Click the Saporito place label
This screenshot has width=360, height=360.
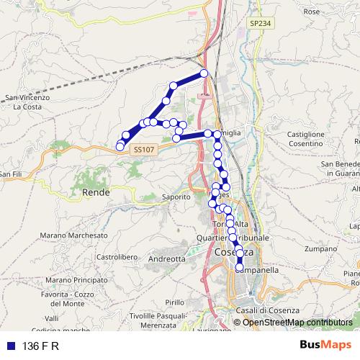[x=175, y=196]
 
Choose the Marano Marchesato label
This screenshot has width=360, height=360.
[x=74, y=235]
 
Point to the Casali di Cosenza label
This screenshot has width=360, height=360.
[x=265, y=310]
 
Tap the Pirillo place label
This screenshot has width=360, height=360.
[x=174, y=302]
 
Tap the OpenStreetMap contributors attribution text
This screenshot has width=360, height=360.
[x=297, y=322]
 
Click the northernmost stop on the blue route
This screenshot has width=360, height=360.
[x=204, y=73]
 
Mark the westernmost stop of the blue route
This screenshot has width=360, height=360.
[x=120, y=147]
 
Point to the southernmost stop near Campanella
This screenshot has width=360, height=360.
[x=240, y=268]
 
